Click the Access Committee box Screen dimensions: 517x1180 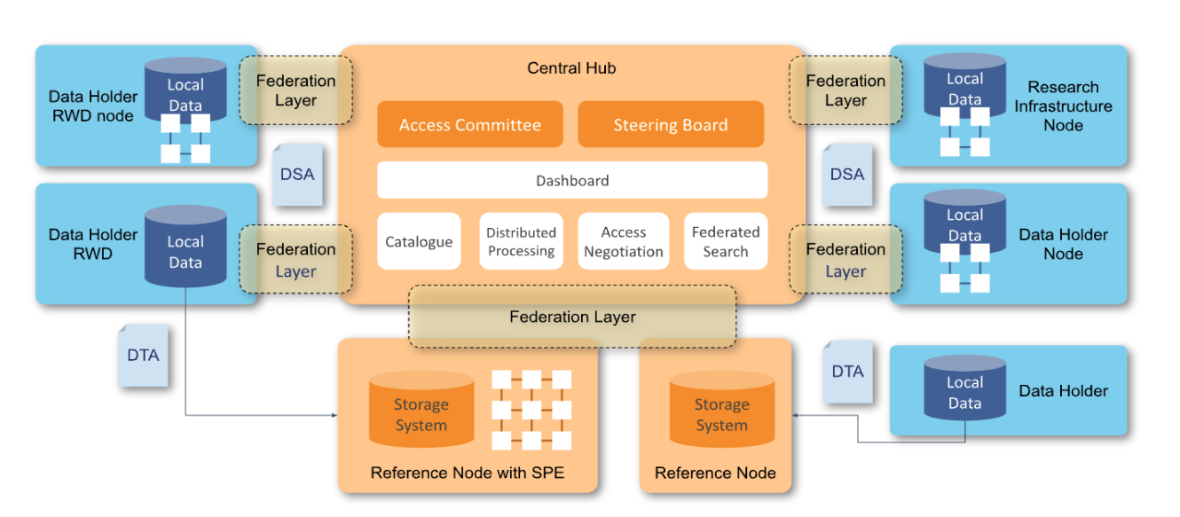pyautogui.click(x=469, y=125)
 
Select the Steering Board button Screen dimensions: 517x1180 pyautogui.click(x=670, y=125)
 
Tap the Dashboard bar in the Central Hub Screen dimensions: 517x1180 pyautogui.click(x=571, y=181)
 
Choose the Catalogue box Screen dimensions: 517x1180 pyautogui.click(x=419, y=242)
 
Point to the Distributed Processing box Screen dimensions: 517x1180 pyautogui.click(x=521, y=242)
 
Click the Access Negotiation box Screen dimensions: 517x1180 pyautogui.click(x=623, y=242)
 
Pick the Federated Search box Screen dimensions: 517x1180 pyautogui.click(x=725, y=242)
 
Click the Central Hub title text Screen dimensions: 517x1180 pyautogui.click(x=571, y=68)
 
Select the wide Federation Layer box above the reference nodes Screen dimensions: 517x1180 pyautogui.click(x=571, y=317)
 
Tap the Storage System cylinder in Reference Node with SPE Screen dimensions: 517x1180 pyautogui.click(x=421, y=411)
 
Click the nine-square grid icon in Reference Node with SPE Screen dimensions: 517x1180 pyautogui.click(x=531, y=410)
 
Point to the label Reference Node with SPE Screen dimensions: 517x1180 pyautogui.click(x=467, y=474)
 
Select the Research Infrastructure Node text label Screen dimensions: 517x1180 pyautogui.click(x=1063, y=106)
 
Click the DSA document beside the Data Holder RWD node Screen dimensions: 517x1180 pyautogui.click(x=297, y=175)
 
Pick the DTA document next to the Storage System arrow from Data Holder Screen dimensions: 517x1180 pyautogui.click(x=847, y=372)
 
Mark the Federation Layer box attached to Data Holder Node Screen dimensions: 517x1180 pyautogui.click(x=846, y=260)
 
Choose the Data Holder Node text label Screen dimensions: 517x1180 pyautogui.click(x=1063, y=244)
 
